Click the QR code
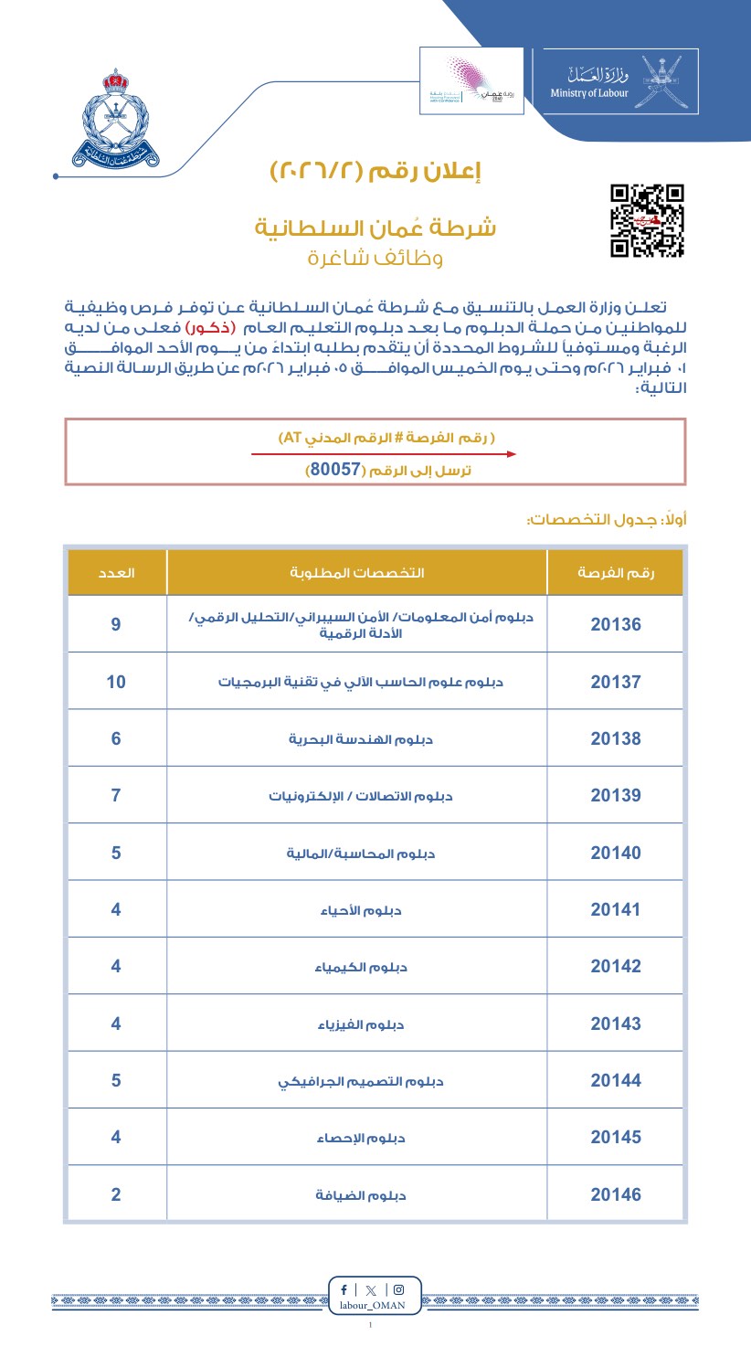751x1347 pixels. (x=647, y=220)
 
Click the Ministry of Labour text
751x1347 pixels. (x=589, y=93)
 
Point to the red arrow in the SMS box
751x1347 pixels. (x=384, y=453)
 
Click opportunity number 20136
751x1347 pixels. (x=616, y=625)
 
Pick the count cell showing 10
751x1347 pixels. (x=116, y=682)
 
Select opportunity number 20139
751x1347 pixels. (x=616, y=795)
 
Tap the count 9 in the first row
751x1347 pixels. (x=116, y=625)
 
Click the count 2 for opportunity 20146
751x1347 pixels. (x=116, y=1194)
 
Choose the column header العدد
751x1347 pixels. (x=117, y=573)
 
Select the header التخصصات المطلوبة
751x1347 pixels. (x=356, y=573)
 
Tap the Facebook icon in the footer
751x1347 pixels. (x=344, y=1290)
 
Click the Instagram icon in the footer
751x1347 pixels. (x=398, y=1290)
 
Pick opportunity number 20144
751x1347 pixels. (x=616, y=1081)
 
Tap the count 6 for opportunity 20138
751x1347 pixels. (x=116, y=738)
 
